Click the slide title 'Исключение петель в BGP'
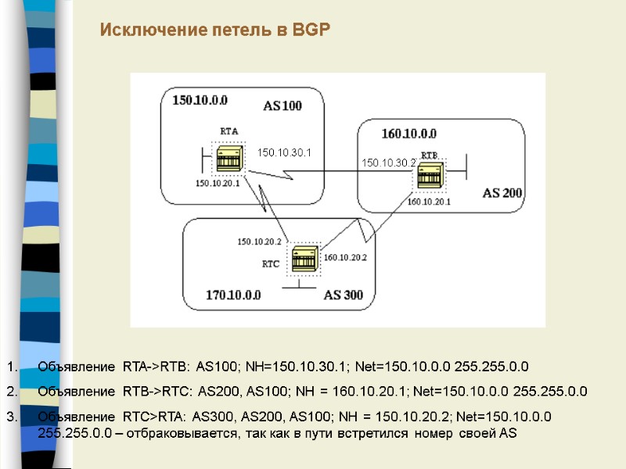(215, 30)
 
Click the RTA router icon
(229, 159)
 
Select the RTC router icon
(303, 258)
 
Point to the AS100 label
(282, 106)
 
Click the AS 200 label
(503, 192)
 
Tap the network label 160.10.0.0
(408, 133)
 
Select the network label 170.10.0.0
(233, 295)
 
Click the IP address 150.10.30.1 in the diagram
(284, 152)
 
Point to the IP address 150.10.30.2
(388, 163)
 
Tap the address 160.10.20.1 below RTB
(429, 202)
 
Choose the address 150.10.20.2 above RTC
(259, 242)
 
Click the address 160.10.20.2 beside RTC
(345, 257)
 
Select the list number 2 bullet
(11, 391)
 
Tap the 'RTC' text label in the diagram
(270, 264)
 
